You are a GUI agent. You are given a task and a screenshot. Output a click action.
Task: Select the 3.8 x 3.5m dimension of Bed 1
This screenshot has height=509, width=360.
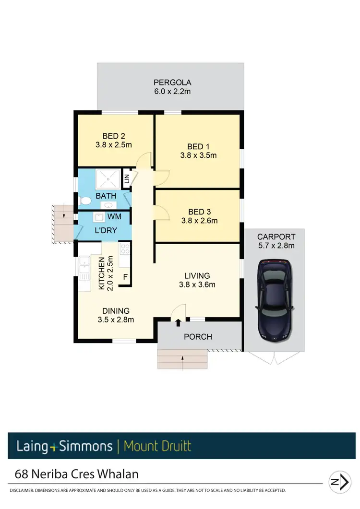point(199,155)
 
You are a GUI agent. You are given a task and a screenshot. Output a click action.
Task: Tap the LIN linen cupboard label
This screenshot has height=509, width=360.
point(127,180)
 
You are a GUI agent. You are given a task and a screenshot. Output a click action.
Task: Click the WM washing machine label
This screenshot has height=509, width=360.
point(114,217)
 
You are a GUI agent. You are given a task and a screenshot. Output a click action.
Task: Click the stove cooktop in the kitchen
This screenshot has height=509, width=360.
point(125,249)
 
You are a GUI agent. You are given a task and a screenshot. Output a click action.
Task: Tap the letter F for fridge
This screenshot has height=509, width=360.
point(125,277)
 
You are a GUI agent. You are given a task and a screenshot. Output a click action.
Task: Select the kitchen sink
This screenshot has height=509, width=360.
point(85,267)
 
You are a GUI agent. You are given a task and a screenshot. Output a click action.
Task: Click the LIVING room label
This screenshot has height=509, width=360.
point(197,276)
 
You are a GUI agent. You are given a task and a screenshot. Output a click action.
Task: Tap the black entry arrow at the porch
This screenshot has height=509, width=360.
point(178,322)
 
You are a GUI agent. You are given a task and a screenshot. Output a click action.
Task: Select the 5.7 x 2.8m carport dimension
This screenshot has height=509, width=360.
point(276,246)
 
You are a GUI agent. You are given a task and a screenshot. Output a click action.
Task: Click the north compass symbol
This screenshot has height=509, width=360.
point(340,482)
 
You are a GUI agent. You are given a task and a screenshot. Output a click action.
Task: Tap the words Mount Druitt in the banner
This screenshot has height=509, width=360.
point(157,446)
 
